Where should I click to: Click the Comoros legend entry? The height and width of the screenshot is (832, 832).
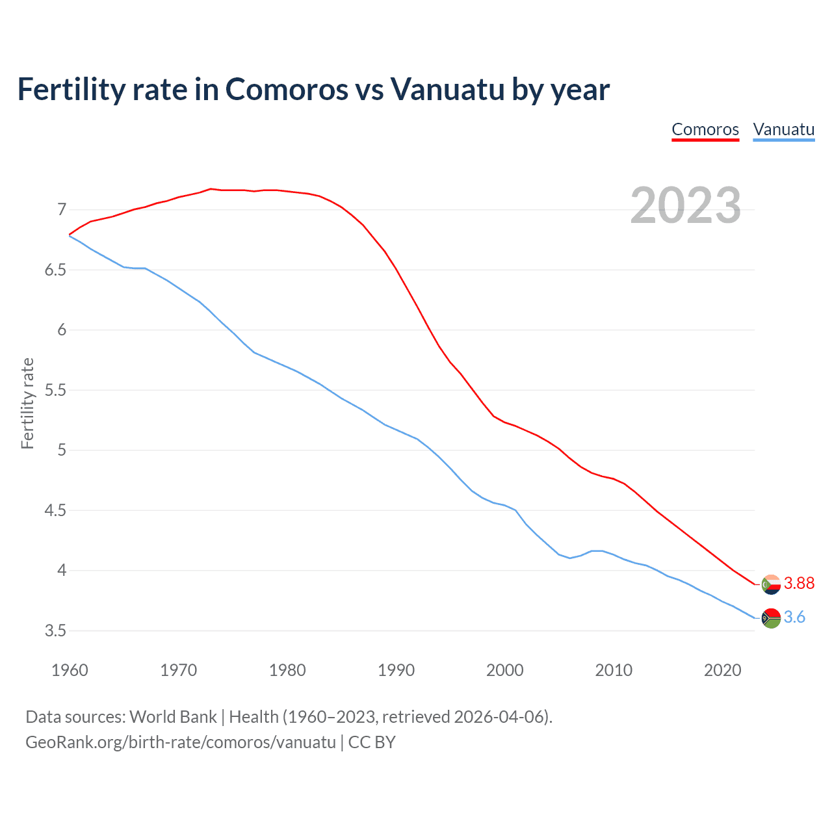(x=705, y=129)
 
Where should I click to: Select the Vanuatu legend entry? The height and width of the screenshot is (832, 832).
(x=783, y=129)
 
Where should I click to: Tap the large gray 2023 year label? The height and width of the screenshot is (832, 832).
(x=686, y=205)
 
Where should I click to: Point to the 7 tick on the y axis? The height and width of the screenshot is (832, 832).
(x=62, y=209)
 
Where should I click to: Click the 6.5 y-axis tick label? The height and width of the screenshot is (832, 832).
(x=56, y=270)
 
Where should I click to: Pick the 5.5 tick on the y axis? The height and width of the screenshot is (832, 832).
(x=56, y=390)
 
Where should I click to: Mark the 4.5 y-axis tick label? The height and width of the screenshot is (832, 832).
(x=56, y=510)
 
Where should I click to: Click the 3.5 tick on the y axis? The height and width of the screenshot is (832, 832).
(x=56, y=630)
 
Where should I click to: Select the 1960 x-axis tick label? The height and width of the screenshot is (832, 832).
(x=70, y=670)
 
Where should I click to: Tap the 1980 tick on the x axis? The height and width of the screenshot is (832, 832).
(x=287, y=670)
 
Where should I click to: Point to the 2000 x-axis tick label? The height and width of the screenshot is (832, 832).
(x=505, y=670)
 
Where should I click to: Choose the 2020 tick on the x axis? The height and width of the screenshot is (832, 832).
(x=722, y=670)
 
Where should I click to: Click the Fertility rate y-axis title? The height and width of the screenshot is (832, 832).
(x=27, y=403)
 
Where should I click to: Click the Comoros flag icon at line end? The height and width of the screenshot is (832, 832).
(x=771, y=584)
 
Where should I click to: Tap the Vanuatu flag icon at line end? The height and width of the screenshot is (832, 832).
(x=771, y=617)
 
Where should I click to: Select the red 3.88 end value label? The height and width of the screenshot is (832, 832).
(x=799, y=584)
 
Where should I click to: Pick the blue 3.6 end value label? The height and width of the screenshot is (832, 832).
(x=794, y=617)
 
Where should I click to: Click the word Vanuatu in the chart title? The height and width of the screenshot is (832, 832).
(x=447, y=90)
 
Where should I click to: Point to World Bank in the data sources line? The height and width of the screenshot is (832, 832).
(x=173, y=717)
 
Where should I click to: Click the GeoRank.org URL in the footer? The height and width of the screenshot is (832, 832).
(x=181, y=742)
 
